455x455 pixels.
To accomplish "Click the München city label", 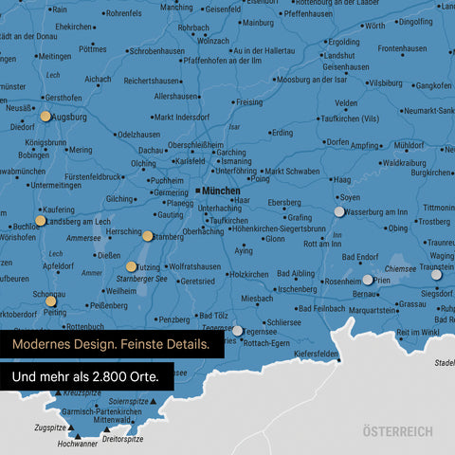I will [x=221, y=191].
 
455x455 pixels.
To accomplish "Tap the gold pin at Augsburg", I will [x=45, y=117].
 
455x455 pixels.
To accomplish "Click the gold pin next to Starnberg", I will [x=148, y=236].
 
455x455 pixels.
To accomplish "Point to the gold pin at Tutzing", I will [x=131, y=267].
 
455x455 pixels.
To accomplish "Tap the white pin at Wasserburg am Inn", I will [x=339, y=212].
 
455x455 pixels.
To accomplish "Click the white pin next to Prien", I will [x=368, y=280].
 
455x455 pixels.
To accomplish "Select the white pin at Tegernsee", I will [x=238, y=331].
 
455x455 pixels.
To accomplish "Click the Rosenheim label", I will [x=342, y=282].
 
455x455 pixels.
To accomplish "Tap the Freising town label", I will [x=248, y=101].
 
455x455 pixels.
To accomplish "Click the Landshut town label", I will [x=337, y=56].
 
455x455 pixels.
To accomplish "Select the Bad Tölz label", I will [x=210, y=317].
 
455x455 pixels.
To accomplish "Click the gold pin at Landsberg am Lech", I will [x=40, y=221].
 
